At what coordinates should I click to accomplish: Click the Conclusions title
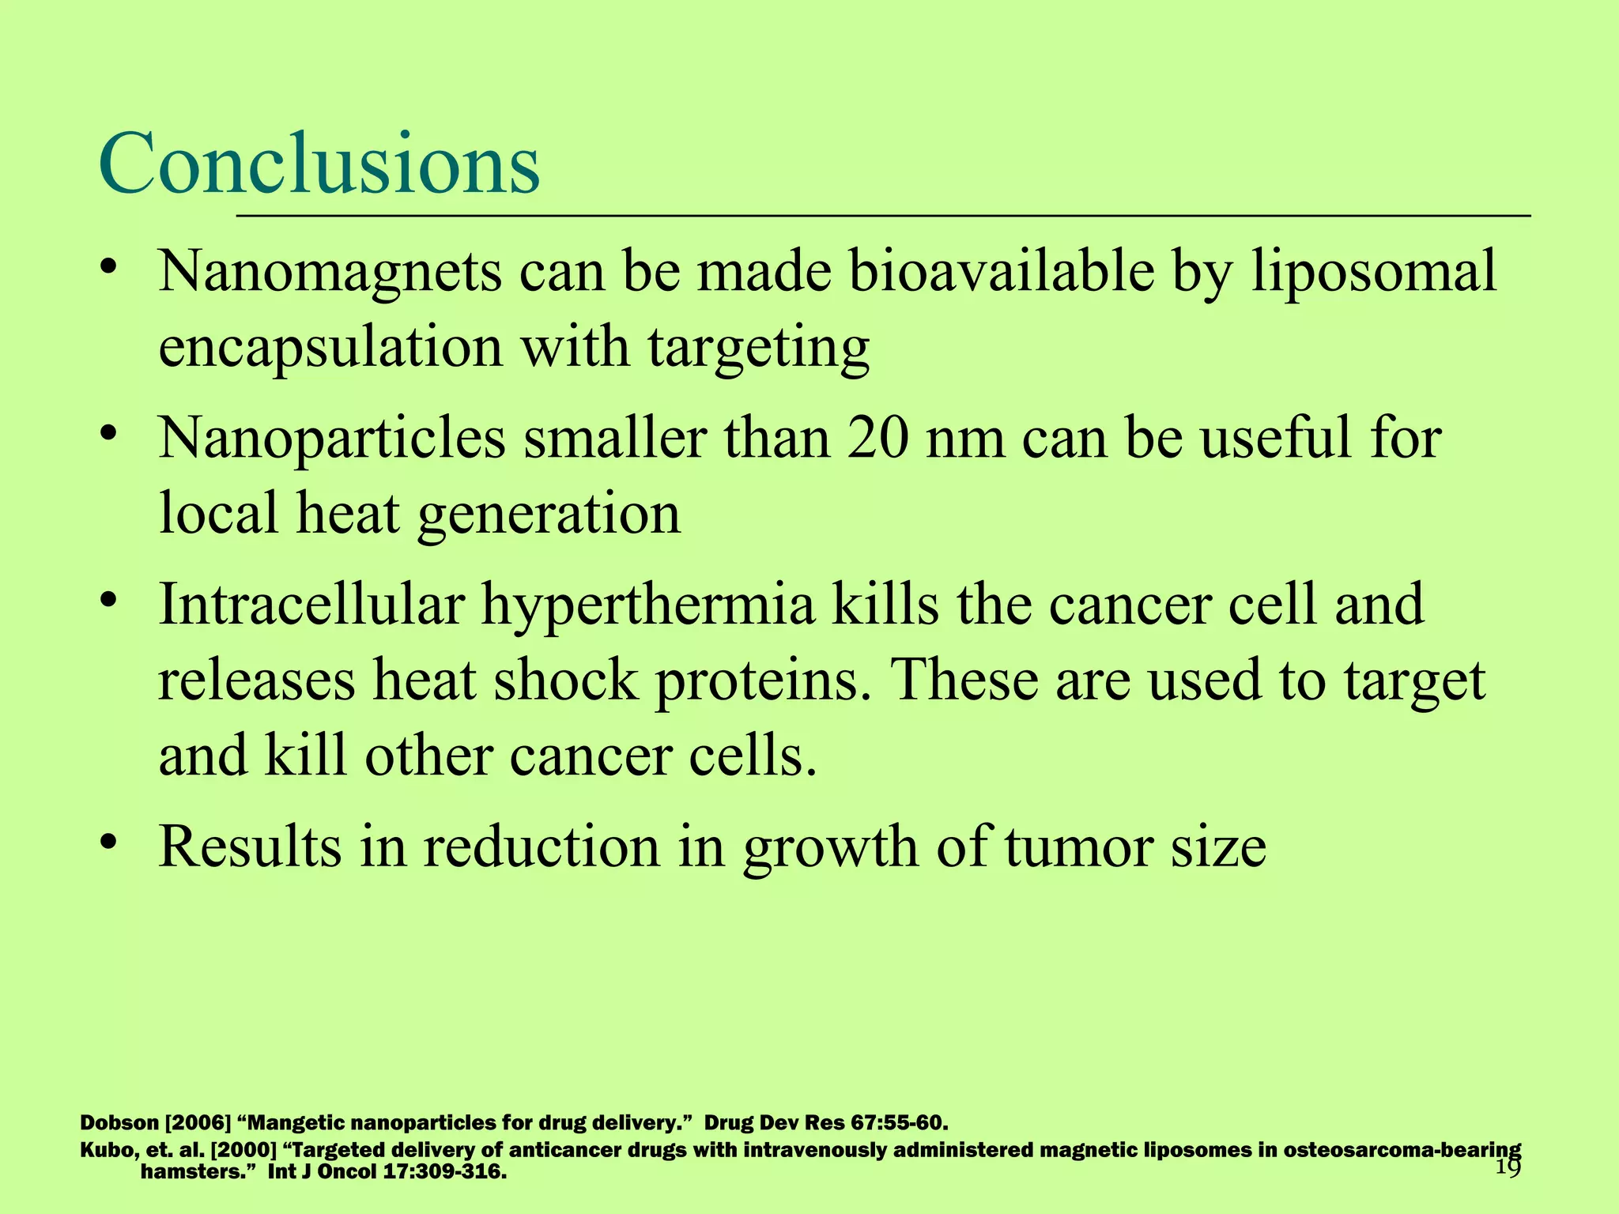[319, 164]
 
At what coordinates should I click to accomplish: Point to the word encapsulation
[330, 349]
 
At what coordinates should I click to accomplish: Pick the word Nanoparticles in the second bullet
[331, 439]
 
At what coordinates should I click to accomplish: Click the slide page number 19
[1508, 1169]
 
